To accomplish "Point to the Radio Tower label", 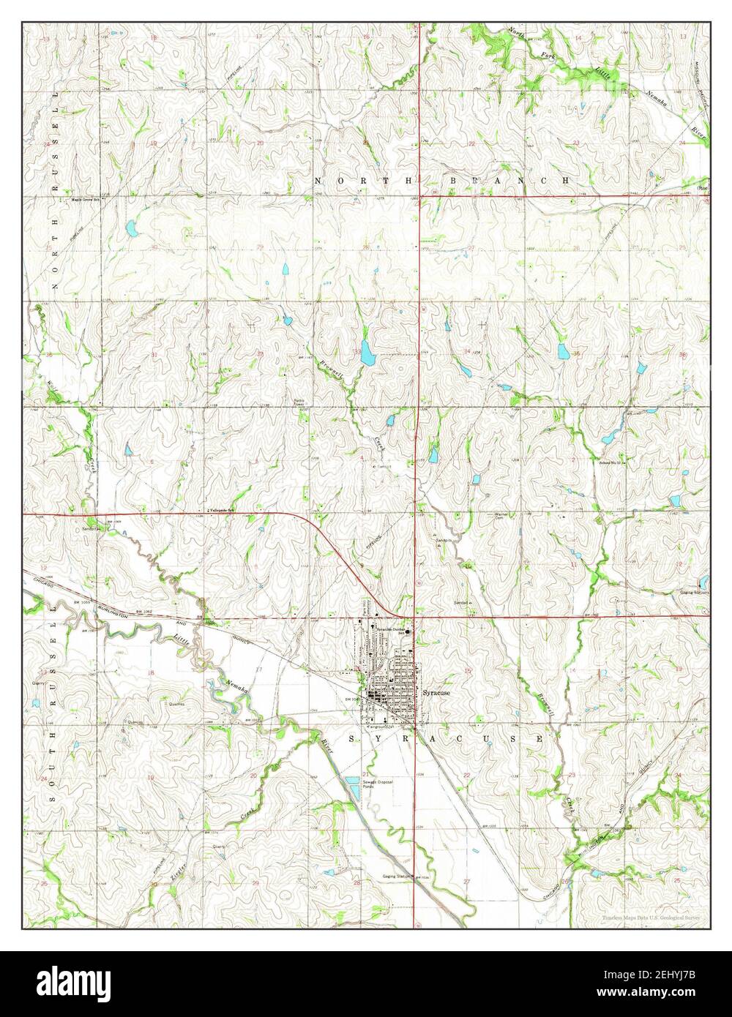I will tap(299, 403).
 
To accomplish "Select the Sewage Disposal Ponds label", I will tap(381, 785).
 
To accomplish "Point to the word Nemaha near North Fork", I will tap(654, 99).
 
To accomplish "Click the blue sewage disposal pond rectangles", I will tap(354, 789).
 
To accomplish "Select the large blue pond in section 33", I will tap(367, 353).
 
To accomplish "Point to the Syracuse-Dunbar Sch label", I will tap(386, 630).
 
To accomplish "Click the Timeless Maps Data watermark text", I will tap(651, 917).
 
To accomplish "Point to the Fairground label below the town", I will tap(381, 727).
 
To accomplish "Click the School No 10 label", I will tap(610, 464).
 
